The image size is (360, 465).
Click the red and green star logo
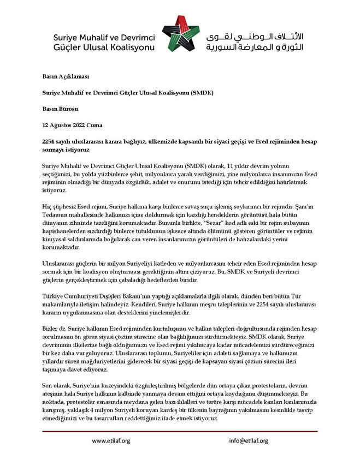click(x=181, y=34)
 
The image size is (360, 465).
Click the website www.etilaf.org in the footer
click(x=111, y=441)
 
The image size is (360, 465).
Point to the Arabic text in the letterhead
click(x=256, y=41)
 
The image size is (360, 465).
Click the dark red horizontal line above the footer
click(x=180, y=431)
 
